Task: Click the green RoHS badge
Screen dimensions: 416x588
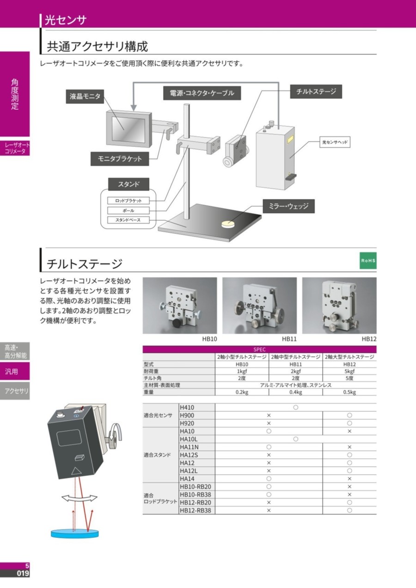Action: click(x=368, y=260)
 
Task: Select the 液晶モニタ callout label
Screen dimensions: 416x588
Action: click(x=85, y=96)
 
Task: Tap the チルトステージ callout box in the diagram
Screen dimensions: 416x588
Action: click(x=316, y=92)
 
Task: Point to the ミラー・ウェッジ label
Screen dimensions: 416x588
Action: click(x=289, y=206)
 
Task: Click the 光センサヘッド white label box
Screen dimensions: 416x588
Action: click(x=335, y=142)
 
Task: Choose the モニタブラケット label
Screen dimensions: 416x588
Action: click(x=120, y=159)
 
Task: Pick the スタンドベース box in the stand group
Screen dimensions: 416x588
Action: click(x=128, y=220)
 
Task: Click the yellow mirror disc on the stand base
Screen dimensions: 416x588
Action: click(x=228, y=224)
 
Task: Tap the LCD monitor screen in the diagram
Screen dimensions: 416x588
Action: click(x=128, y=130)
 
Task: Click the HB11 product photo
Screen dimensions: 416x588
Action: click(x=260, y=306)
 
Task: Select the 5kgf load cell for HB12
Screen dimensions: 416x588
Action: click(x=349, y=371)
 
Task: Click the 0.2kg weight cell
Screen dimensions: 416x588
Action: click(x=242, y=392)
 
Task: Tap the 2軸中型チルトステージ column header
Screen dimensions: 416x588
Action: click(x=295, y=357)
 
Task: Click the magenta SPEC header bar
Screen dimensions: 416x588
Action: click(x=260, y=349)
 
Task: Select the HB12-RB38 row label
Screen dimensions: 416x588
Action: click(x=195, y=510)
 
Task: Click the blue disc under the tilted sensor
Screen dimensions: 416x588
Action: click(x=75, y=533)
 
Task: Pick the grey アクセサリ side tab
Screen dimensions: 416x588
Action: click(x=15, y=391)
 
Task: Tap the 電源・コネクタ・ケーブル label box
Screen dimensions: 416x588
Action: click(x=202, y=93)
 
